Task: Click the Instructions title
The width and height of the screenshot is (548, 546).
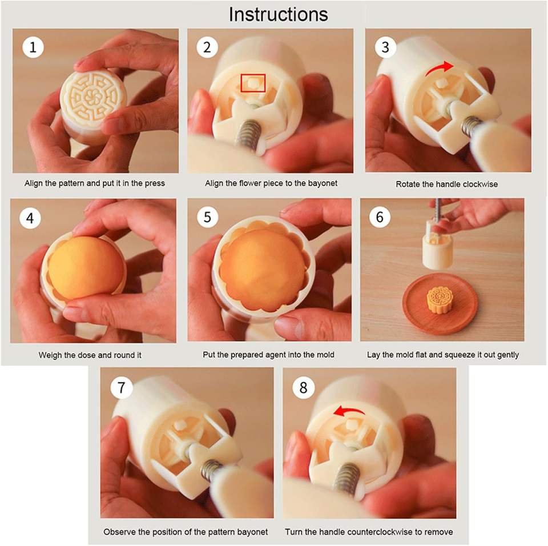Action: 278,14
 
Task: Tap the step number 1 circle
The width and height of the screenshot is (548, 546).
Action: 33,47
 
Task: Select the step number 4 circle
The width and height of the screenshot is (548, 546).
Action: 30,218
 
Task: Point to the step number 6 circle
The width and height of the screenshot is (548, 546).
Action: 380,217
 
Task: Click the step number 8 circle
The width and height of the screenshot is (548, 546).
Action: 303,388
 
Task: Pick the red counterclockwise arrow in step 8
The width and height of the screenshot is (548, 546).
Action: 349,411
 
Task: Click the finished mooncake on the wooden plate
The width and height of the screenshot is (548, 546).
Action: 439,300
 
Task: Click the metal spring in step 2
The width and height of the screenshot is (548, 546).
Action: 249,134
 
